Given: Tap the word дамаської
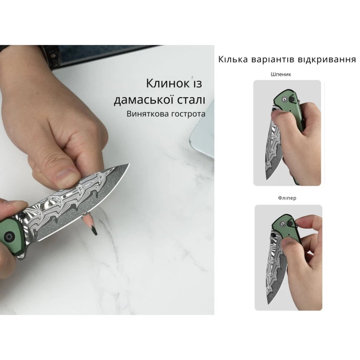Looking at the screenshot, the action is [144, 100].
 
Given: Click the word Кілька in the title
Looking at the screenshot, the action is [233, 59].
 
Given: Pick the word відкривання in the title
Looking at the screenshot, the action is [327, 59].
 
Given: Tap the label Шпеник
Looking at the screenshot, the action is [281, 74].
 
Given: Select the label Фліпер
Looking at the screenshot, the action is [287, 198].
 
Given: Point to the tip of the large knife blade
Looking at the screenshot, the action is [129, 164].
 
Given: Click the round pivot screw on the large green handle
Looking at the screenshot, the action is [10, 236].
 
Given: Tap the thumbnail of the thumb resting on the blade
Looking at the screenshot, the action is [65, 176].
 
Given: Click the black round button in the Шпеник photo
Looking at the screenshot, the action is [292, 99].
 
